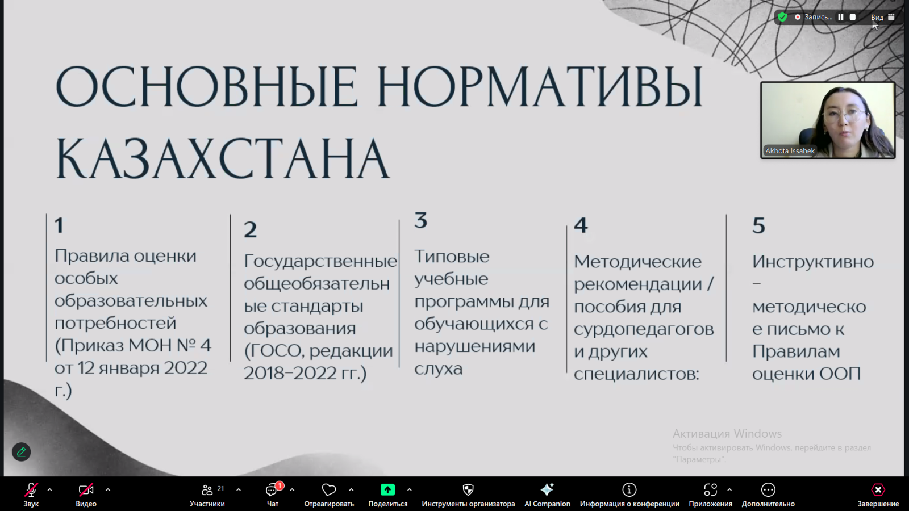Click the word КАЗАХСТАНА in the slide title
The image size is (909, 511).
[x=222, y=158]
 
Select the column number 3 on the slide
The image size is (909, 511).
[x=420, y=220]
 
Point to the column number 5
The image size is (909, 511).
[x=758, y=225]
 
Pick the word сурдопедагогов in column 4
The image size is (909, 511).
[x=644, y=329]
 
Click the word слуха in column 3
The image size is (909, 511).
[x=438, y=369]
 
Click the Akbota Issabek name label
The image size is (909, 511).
[x=790, y=151]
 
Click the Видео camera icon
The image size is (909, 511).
[x=86, y=490]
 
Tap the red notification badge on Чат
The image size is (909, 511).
[x=279, y=485]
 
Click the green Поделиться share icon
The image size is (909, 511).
[x=387, y=490]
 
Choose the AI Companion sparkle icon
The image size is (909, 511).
[x=547, y=490]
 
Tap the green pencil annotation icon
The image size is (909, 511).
[x=22, y=452]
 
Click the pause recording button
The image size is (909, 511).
[x=841, y=17]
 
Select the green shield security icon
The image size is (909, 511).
[x=782, y=17]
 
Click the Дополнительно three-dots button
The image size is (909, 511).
[x=768, y=490]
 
